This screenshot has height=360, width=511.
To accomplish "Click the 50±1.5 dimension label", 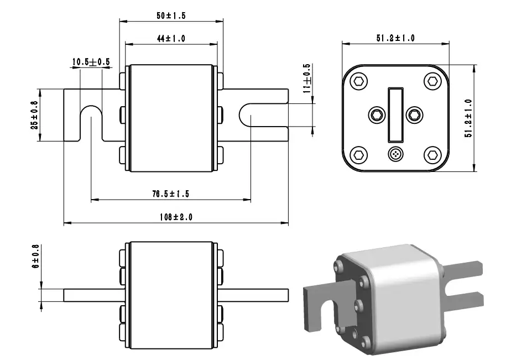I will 171,16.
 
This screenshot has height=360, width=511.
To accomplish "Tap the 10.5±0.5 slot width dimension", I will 91,62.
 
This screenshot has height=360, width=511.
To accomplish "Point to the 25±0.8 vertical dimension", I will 34,115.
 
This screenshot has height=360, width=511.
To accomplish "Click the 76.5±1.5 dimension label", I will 171,194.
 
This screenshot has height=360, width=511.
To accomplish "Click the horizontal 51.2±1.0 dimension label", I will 395,38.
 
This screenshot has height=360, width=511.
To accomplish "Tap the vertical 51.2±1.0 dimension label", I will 468,118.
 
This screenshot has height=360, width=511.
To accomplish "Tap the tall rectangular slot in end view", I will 395,114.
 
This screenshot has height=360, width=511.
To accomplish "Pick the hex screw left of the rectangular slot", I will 377,115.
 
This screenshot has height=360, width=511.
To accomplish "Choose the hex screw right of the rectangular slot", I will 414,115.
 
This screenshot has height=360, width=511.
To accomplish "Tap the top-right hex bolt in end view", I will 431,82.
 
